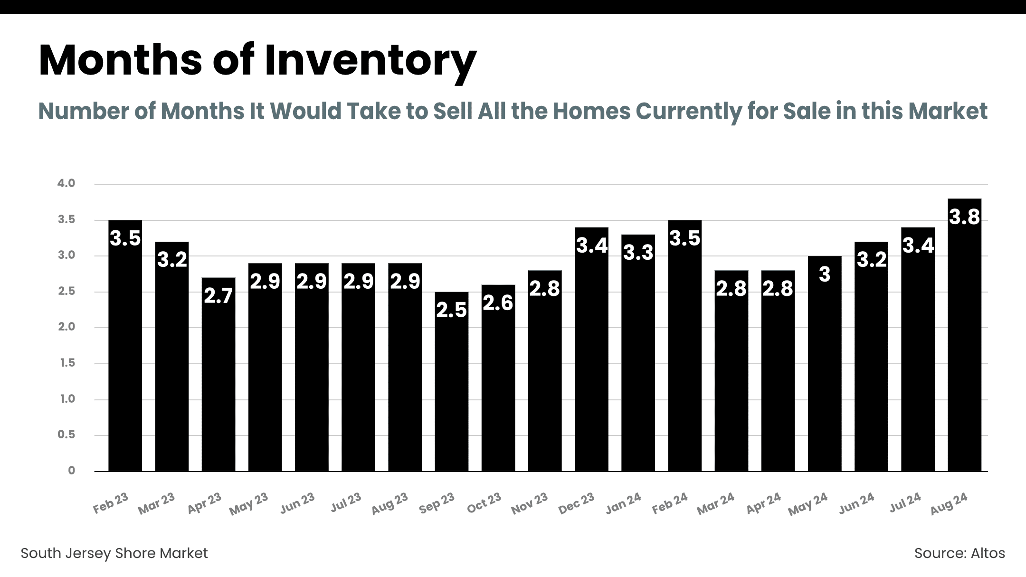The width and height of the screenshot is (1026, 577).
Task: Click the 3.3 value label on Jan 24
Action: pyautogui.click(x=638, y=253)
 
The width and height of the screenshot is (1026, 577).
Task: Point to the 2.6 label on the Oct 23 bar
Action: pyautogui.click(x=498, y=303)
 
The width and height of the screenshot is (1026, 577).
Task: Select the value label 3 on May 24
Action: pyautogui.click(x=825, y=274)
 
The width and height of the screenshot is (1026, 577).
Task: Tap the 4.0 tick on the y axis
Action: pyautogui.click(x=66, y=183)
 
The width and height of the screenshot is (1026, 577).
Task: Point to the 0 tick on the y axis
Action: pyautogui.click(x=71, y=471)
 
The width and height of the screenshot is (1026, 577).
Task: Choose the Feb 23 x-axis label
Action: pyautogui.click(x=111, y=503)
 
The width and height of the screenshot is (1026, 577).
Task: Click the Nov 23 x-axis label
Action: pyautogui.click(x=529, y=504)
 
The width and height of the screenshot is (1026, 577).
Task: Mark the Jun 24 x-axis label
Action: pyautogui.click(x=856, y=503)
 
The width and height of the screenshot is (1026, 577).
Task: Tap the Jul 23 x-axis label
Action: pyautogui.click(x=346, y=502)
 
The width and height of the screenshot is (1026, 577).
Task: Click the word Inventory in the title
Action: pyautogui.click(x=370, y=61)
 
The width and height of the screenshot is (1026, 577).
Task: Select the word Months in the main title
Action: pyautogui.click(x=121, y=61)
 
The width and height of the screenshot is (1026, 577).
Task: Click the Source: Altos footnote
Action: pyautogui.click(x=959, y=553)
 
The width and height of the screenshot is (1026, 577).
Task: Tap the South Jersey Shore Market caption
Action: pyautogui.click(x=114, y=553)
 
